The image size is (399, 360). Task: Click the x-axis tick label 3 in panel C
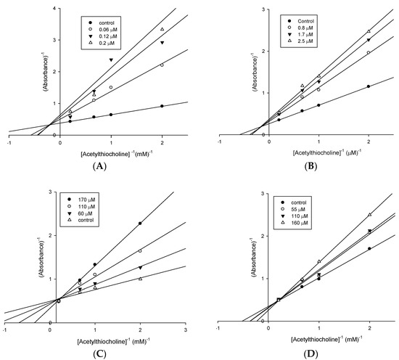click(x=185, y=330)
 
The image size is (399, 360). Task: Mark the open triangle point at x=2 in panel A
click(x=162, y=29)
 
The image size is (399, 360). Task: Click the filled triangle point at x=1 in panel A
click(x=111, y=60)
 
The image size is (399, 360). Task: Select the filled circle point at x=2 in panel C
click(x=140, y=224)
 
